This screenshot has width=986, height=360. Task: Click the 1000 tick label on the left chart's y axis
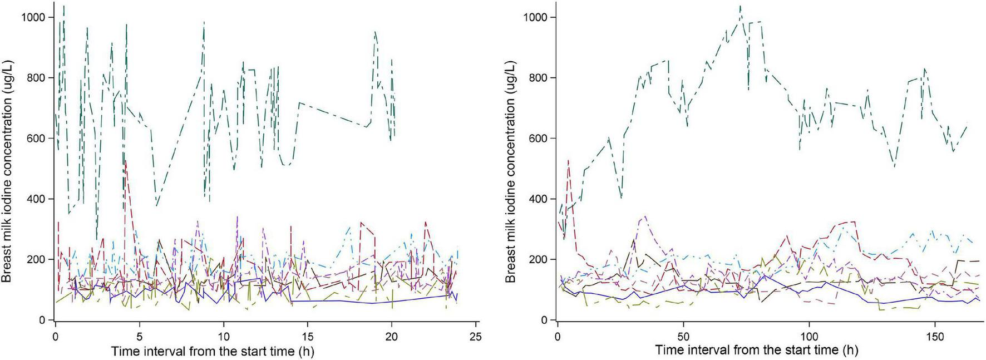[x=32, y=17]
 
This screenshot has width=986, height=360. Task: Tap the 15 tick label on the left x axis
[x=308, y=337]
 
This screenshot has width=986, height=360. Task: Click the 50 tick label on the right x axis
[x=683, y=337]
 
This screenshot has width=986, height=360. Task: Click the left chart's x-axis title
[x=213, y=351]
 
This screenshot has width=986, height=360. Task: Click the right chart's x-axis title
[x=757, y=351]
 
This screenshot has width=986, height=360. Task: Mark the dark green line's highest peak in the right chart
[x=740, y=7]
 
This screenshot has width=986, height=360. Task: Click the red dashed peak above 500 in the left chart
[x=126, y=161]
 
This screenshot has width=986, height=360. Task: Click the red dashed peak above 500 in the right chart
[x=568, y=161]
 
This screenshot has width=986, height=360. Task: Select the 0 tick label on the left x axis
[x=56, y=337]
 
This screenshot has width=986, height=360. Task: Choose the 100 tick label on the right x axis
[x=809, y=337]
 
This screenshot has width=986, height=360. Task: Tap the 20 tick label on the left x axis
[x=392, y=337]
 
